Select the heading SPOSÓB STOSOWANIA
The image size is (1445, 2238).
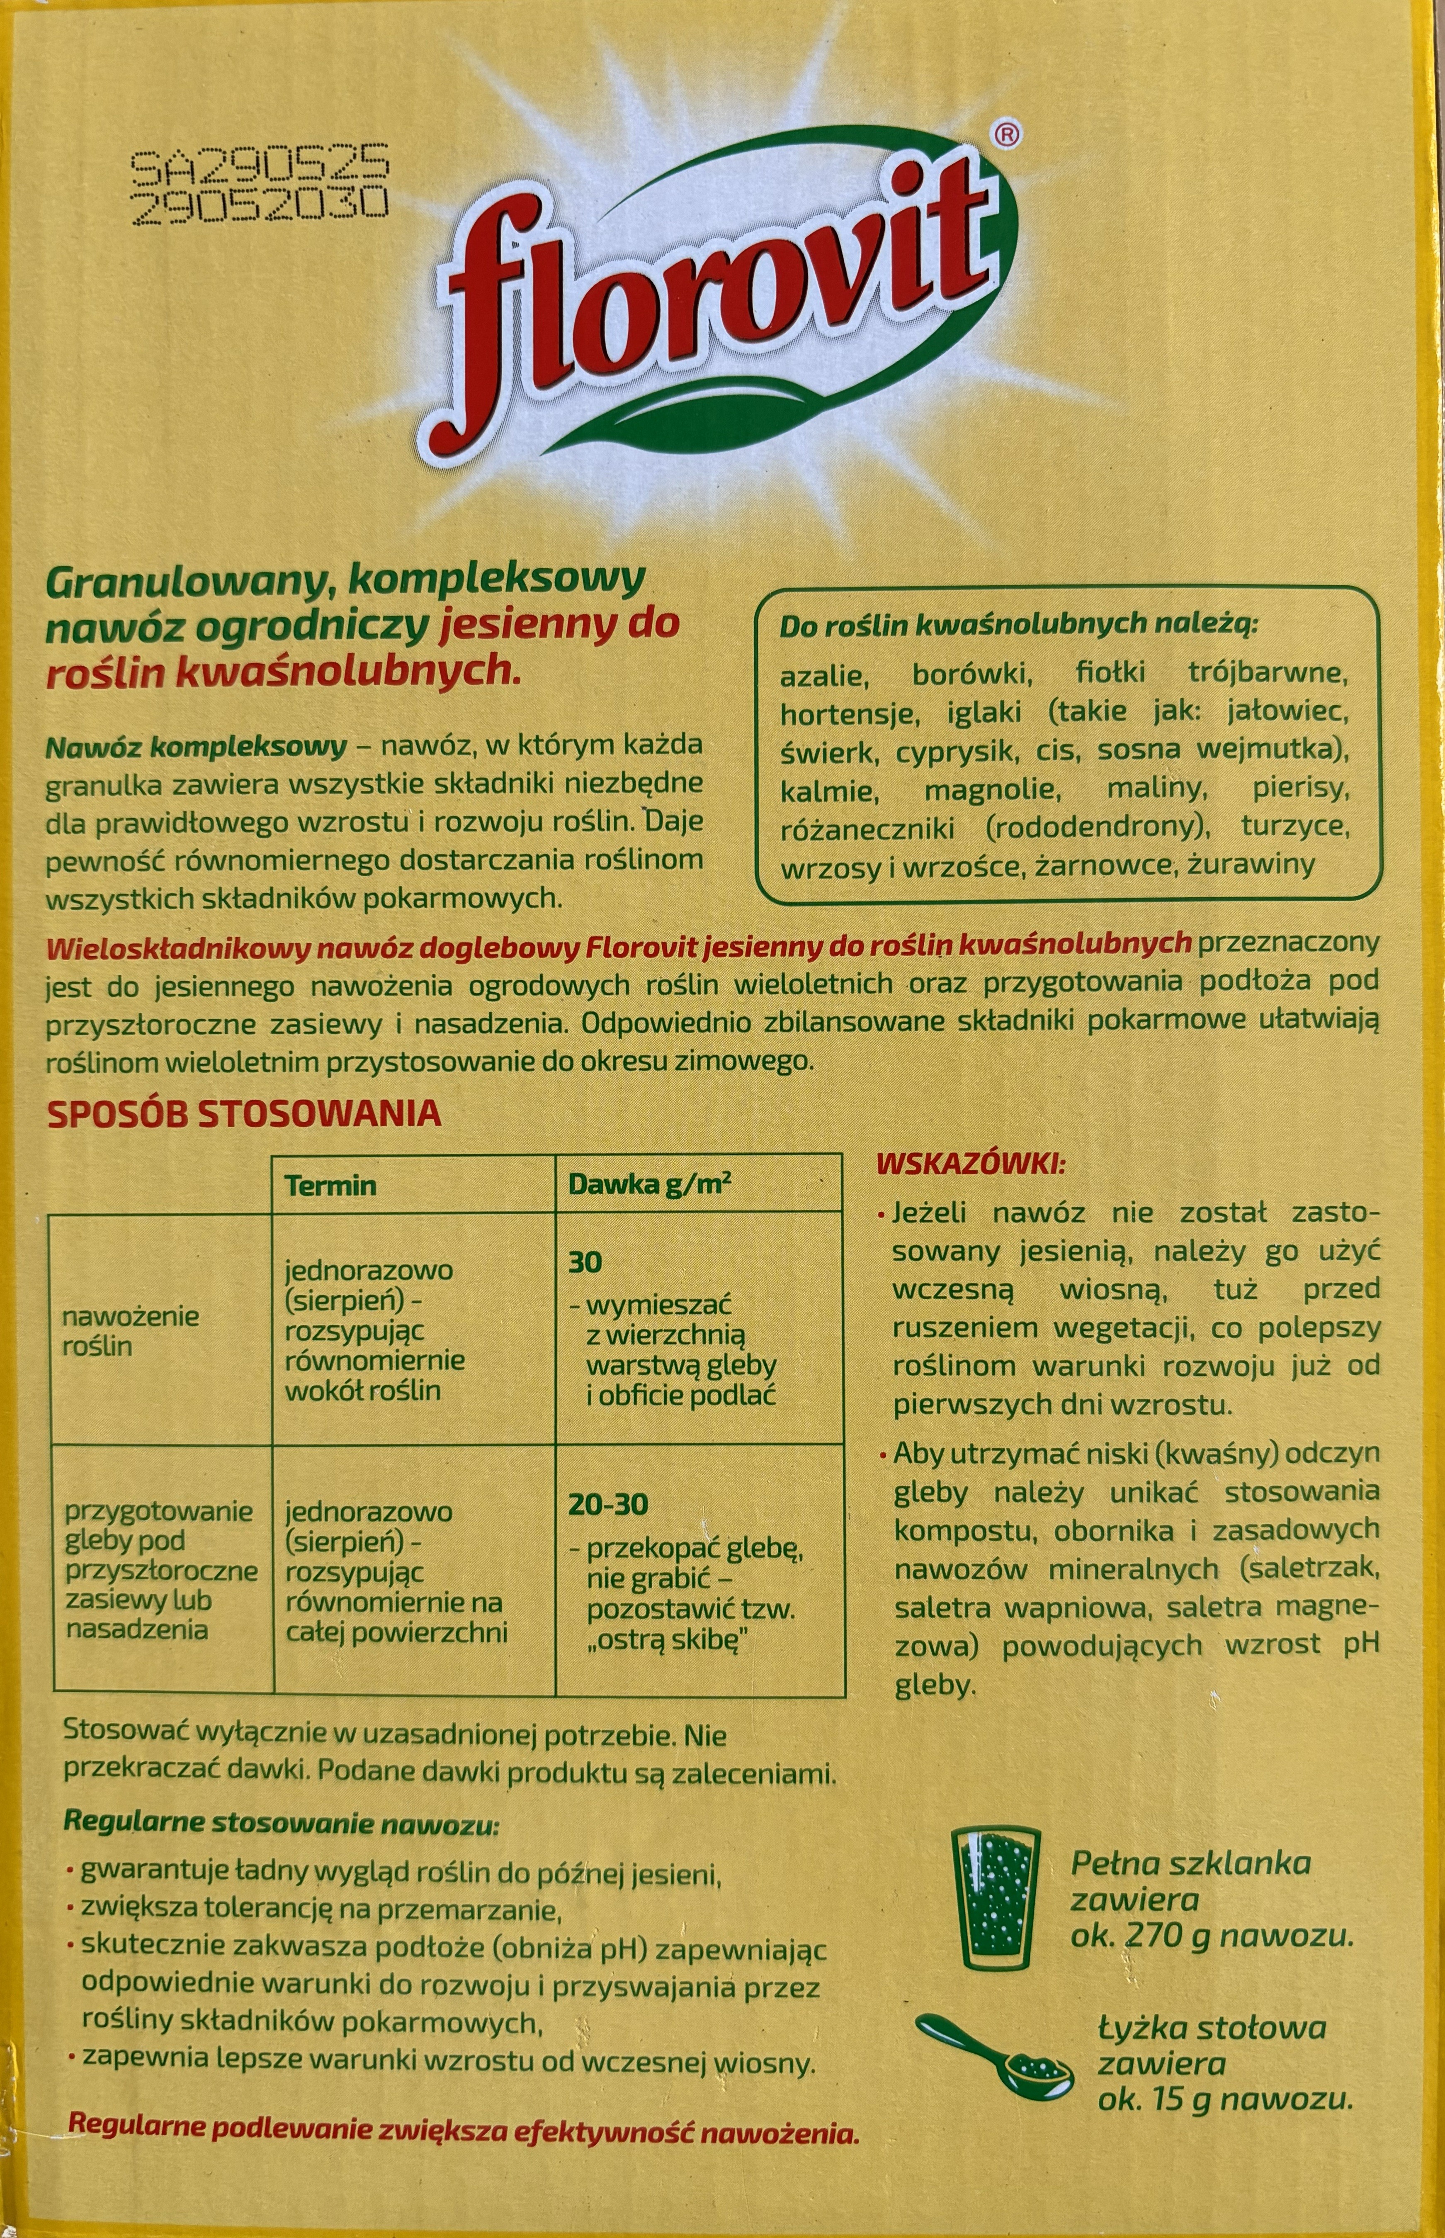click(243, 1113)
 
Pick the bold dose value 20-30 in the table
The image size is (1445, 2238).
click(607, 1505)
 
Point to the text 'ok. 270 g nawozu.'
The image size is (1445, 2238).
click(1212, 1935)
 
